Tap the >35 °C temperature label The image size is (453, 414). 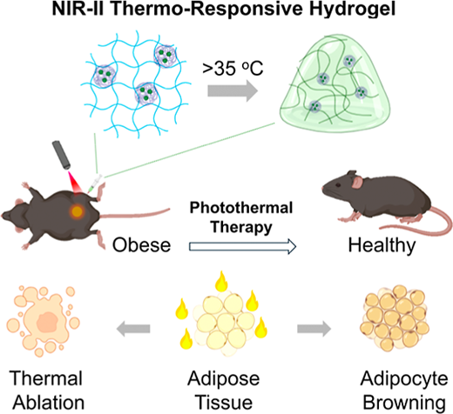233,69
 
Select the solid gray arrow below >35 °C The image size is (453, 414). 233,91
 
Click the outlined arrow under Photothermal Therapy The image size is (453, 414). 242,246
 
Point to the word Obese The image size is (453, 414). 141,245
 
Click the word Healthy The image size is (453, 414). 382,246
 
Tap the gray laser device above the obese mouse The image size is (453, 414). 61,155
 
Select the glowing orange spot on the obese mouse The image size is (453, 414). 78,211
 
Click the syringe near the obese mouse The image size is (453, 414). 94,184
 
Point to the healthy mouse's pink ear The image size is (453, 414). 357,182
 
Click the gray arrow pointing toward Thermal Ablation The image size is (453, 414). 133,329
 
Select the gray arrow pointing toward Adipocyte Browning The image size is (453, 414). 314,329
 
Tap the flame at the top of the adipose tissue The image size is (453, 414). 221,281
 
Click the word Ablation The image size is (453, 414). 49,403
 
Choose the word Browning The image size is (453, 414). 404,404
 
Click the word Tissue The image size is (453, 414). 225,403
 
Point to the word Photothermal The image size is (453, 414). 241,208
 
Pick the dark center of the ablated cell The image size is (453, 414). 47,323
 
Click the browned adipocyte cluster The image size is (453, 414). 395,318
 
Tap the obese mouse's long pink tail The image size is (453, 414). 135,213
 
